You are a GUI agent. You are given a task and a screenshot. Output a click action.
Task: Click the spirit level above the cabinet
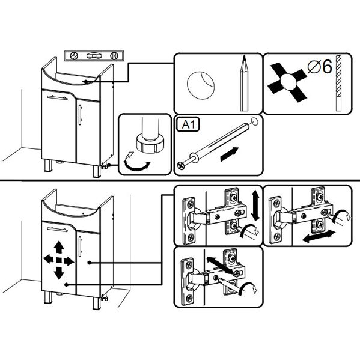coord(94,56)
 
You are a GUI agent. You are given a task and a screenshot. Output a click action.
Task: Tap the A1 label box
coord(188,124)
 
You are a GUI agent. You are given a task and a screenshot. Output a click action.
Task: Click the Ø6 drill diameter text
coord(320,67)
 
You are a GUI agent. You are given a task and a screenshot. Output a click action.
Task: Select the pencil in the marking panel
coord(244,83)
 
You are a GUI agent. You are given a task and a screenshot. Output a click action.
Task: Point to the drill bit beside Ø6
coord(338,83)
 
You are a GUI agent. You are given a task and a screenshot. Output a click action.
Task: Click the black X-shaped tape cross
coord(287,82)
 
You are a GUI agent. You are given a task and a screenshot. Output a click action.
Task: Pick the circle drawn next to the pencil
coord(201,85)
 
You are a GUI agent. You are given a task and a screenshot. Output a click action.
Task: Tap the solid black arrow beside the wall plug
coord(230,154)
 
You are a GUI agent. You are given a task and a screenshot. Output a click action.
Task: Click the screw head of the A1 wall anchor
coord(181,165)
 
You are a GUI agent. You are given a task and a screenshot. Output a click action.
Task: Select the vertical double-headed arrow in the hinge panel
coord(255,206)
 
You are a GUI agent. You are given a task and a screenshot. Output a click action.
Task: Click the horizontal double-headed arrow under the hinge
coord(319,236)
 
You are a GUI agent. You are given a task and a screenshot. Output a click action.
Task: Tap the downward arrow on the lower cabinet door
coord(59,273)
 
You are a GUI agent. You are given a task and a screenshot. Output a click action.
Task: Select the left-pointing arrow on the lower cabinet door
coord(48,260)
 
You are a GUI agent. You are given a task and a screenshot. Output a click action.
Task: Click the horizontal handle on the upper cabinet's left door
coord(57,98)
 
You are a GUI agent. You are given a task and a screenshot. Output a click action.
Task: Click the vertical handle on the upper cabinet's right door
coord(80,115)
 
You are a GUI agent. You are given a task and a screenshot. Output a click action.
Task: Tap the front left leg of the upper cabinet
coord(49,166)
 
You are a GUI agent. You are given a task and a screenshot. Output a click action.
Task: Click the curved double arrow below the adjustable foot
coord(137,162)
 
